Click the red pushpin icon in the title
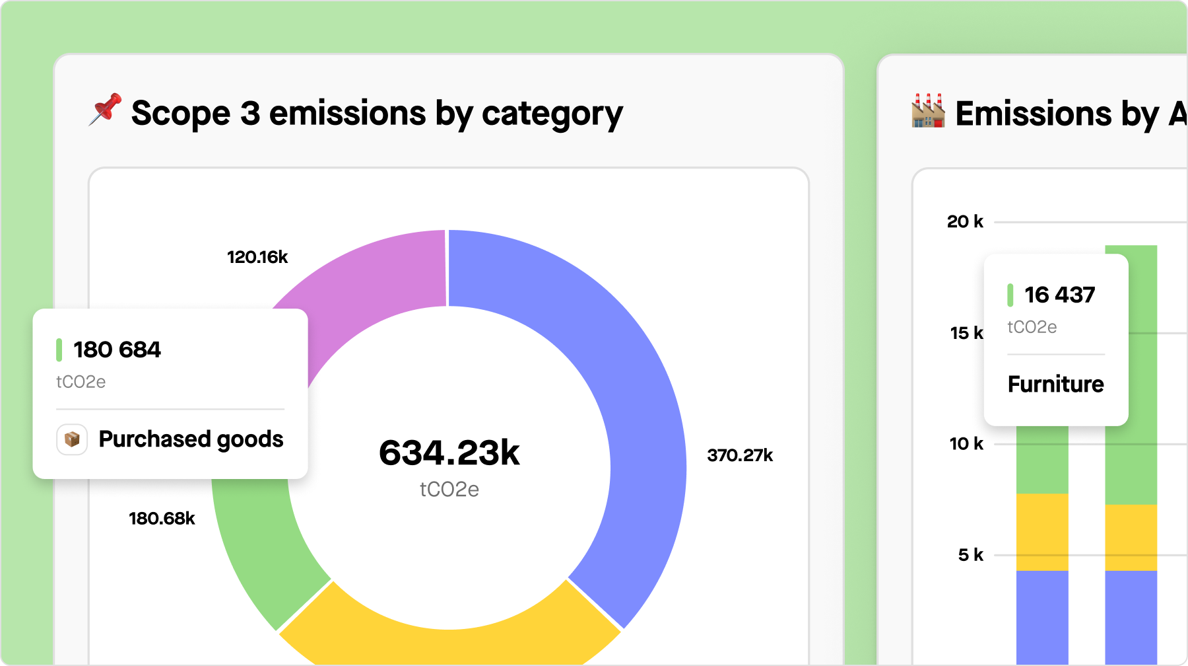click(106, 110)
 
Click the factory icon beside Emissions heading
click(928, 111)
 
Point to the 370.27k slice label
click(740, 455)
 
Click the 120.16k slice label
click(257, 257)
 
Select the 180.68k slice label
click(162, 519)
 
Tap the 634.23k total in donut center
click(449, 453)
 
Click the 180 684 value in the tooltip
click(117, 350)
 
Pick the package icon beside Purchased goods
click(72, 439)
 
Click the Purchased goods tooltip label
click(191, 439)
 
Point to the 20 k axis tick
click(965, 222)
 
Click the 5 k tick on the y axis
click(970, 555)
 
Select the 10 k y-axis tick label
click(966, 444)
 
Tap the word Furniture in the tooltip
click(1055, 385)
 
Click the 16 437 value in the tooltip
click(1059, 295)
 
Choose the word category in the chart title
click(552, 114)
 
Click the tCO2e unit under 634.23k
click(449, 490)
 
